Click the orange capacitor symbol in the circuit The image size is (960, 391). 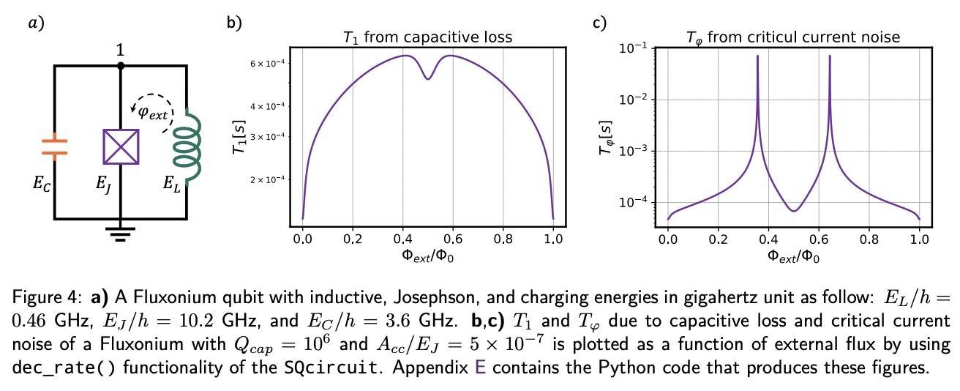(x=55, y=145)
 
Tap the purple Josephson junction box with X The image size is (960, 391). (x=121, y=146)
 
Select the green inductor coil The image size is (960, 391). (x=184, y=146)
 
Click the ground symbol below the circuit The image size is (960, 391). (x=121, y=234)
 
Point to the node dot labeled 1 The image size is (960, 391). (x=121, y=65)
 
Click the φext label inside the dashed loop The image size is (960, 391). (x=153, y=113)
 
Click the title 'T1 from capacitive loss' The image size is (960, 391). (x=427, y=37)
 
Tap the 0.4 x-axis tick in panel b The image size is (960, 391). (x=403, y=238)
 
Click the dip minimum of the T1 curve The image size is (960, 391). (x=428, y=79)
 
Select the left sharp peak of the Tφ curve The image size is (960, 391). (x=757, y=56)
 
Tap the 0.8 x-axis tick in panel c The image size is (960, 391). (x=869, y=238)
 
